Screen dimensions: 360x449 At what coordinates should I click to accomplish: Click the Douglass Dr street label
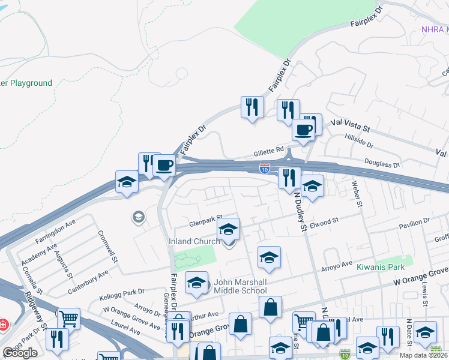pos(382,163)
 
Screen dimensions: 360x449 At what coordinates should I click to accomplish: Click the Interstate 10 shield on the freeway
pos(265,169)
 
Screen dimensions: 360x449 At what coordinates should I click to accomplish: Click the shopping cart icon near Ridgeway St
pos(68,318)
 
